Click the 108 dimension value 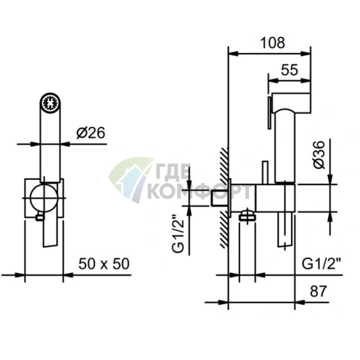click(272, 43)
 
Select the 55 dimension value click(290, 70)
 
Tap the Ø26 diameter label click(91, 133)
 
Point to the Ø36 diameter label click(319, 155)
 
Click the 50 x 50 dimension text click(104, 263)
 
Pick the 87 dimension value click(319, 291)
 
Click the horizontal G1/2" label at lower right click(322, 263)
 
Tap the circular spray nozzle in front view click(50, 102)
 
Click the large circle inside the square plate click(44, 198)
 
